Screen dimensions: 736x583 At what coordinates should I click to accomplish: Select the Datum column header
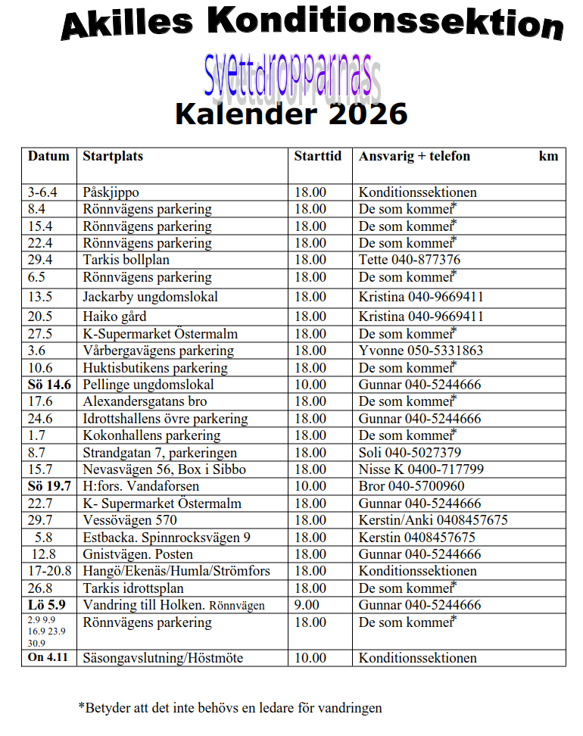[x=48, y=157]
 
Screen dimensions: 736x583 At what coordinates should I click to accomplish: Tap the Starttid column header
[x=317, y=157]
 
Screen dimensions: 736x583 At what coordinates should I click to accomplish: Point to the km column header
[x=548, y=157]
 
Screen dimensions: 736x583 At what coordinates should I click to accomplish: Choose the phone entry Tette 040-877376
[x=409, y=260]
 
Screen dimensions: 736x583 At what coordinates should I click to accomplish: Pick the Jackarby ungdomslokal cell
[x=150, y=297]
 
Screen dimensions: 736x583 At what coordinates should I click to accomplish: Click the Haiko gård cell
[x=114, y=317]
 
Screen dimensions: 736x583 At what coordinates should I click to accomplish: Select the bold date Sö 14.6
[x=49, y=385]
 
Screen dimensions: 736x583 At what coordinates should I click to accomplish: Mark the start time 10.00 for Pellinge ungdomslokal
[x=310, y=385]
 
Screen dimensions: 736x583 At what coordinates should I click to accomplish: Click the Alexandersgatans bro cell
[x=145, y=401]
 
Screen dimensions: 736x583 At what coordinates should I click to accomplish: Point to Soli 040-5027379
[x=410, y=453]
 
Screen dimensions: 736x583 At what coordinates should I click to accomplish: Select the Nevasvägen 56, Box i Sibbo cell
[x=164, y=469]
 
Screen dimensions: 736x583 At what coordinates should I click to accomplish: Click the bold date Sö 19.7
[x=49, y=486]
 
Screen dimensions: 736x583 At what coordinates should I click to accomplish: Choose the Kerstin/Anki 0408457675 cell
[x=432, y=520]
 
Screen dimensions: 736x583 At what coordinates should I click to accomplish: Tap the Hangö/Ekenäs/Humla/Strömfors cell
[x=176, y=571]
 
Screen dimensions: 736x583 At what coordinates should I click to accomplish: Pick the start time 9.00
[x=307, y=605]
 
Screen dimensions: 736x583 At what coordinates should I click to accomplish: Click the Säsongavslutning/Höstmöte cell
[x=163, y=658]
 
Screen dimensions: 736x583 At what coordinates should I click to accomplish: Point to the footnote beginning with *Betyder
[x=230, y=709]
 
